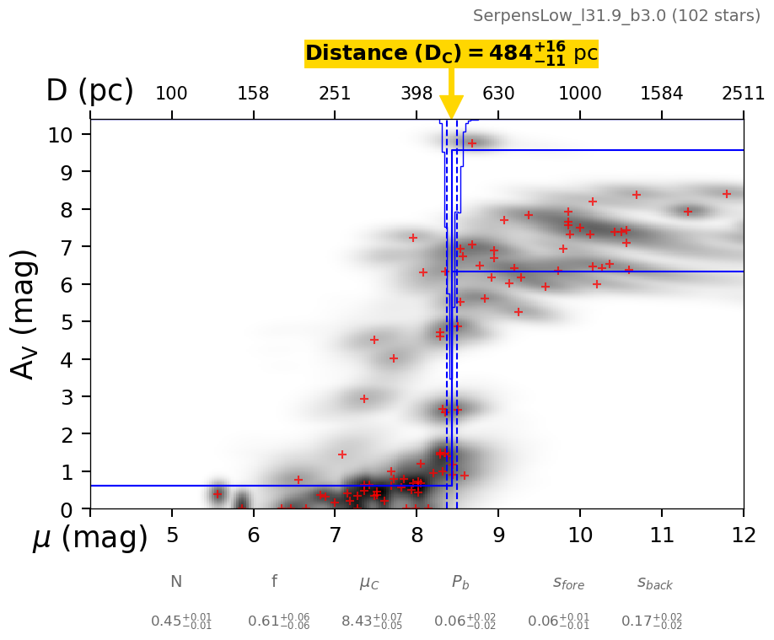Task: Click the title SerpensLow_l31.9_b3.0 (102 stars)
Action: pos(616,16)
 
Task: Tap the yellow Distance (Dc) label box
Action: pos(451,54)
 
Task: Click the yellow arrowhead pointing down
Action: pos(451,107)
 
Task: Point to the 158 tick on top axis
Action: pos(253,94)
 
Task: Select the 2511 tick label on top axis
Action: pos(743,94)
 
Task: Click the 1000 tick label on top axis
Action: pos(580,94)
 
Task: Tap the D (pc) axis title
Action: pos(89,91)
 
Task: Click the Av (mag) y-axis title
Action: pos(24,314)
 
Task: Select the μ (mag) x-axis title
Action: pos(90,537)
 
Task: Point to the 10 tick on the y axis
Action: pos(68,134)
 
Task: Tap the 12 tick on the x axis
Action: pos(743,536)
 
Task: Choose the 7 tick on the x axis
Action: pos(335,536)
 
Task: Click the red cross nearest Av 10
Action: pos(472,143)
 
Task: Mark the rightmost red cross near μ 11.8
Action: pos(727,194)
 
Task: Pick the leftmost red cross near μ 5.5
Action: pos(218,494)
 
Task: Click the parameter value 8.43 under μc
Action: pos(371,621)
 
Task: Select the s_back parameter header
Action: pos(654,583)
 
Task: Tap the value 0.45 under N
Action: pos(180,621)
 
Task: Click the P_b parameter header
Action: pos(460,582)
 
